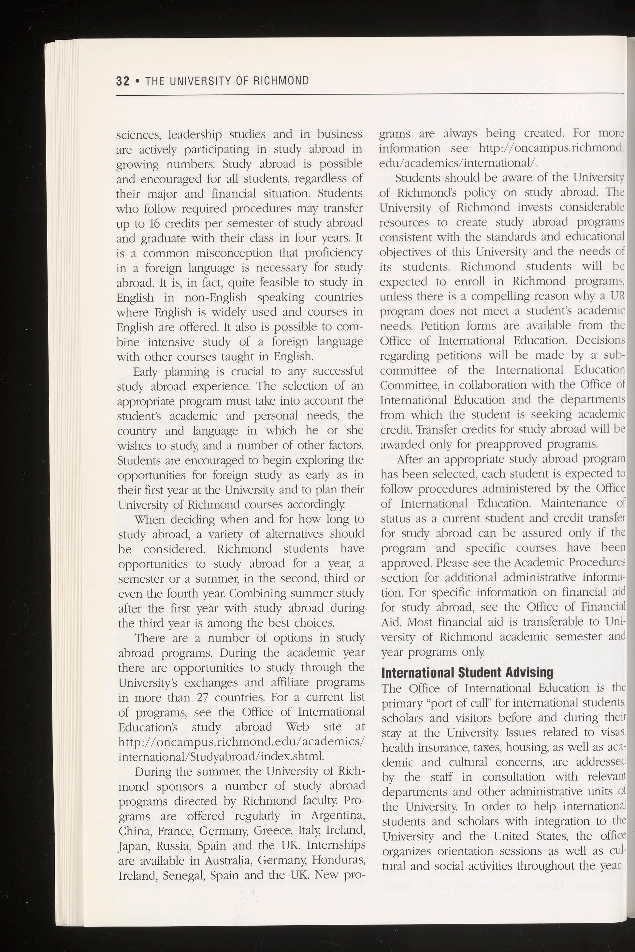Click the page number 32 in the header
[122, 81]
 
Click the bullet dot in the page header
[138, 82]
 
